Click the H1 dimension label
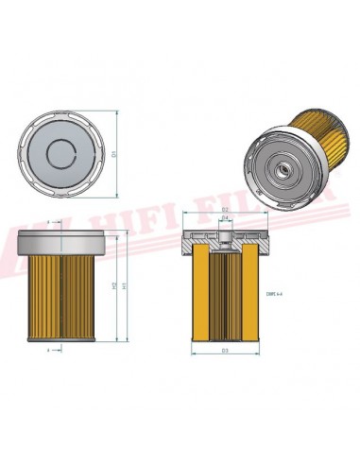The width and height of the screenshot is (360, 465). coord(123,284)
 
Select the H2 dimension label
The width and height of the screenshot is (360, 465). coord(112,284)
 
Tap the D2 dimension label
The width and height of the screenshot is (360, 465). coord(225,209)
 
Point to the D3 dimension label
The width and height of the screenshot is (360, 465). coord(225,352)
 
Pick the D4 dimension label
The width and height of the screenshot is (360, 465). coord(225,218)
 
